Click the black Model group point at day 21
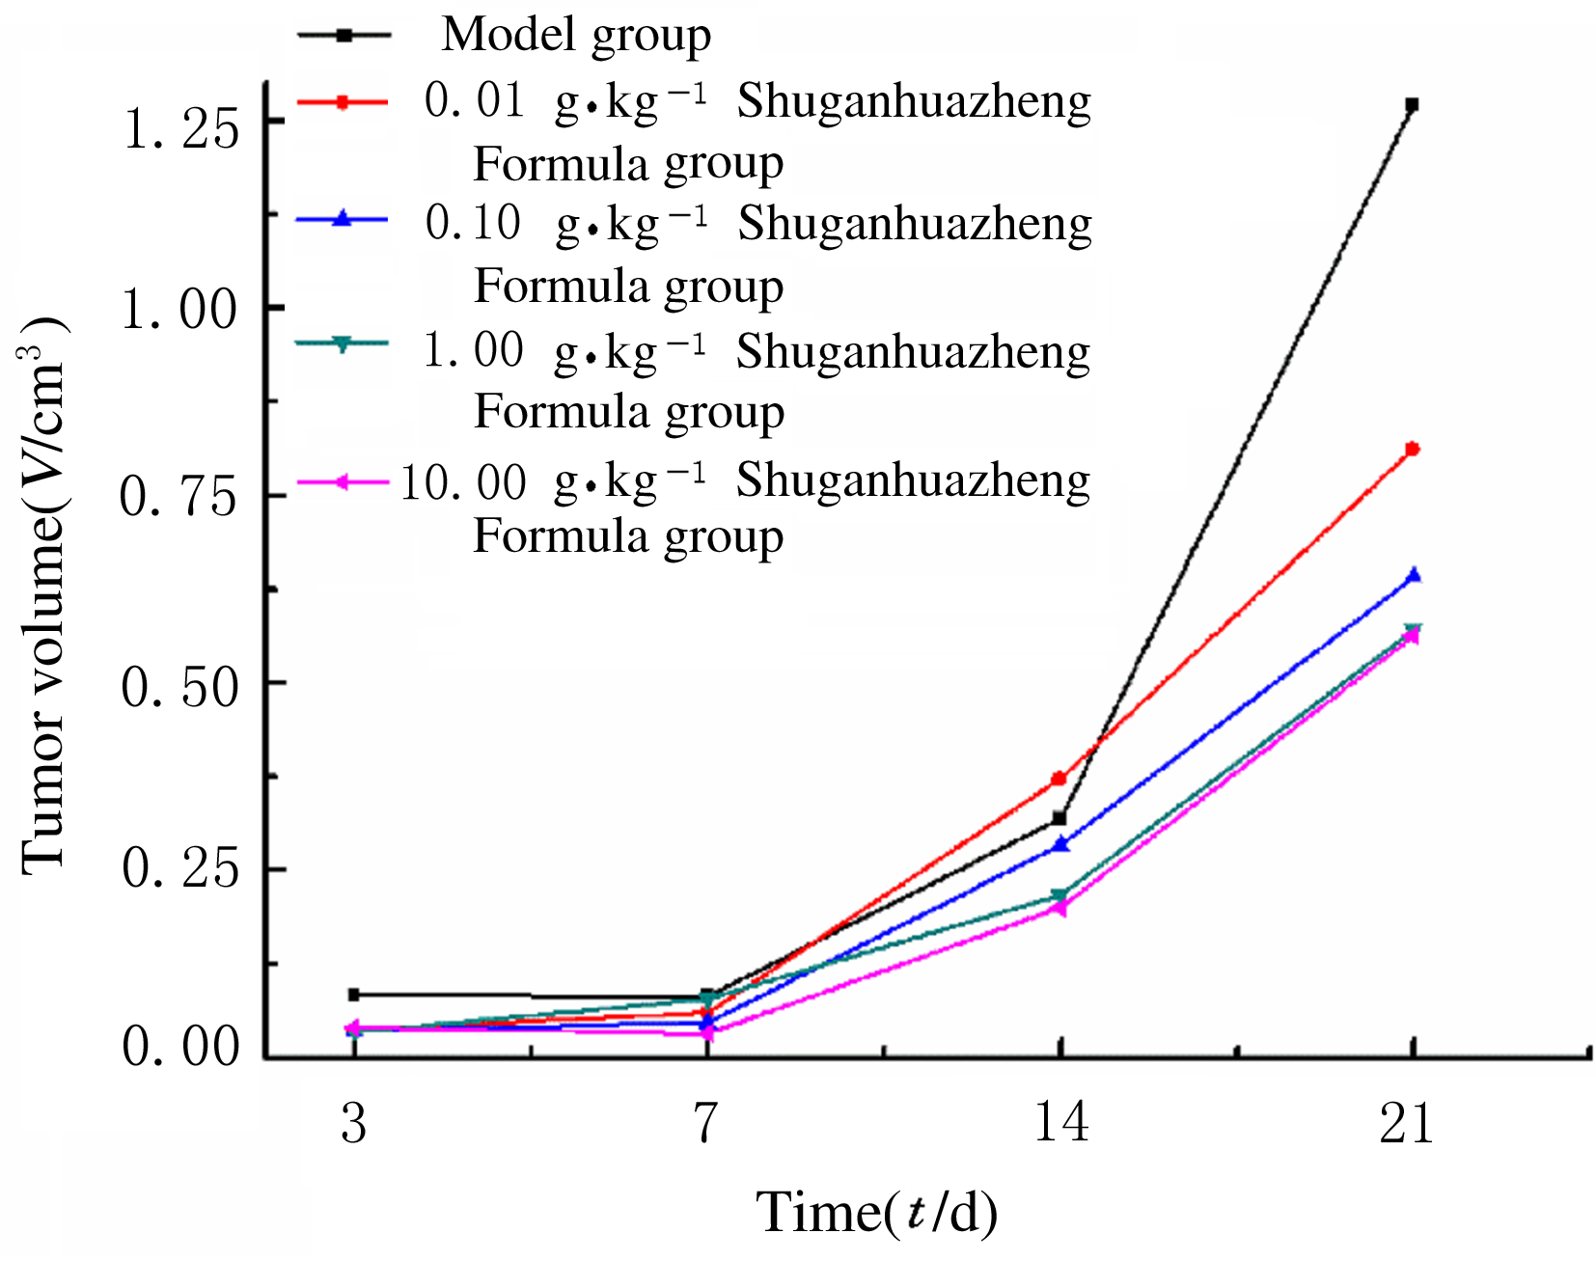[x=1412, y=104]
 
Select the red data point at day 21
[x=1412, y=449]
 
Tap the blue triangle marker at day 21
[x=1413, y=576]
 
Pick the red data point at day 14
[x=1059, y=778]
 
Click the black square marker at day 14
[x=1059, y=818]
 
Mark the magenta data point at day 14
[x=1059, y=908]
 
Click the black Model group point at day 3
[x=354, y=994]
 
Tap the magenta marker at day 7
[x=708, y=1033]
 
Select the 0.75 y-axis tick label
[x=179, y=499]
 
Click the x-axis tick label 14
[x=1060, y=1122]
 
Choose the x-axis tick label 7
[x=707, y=1122]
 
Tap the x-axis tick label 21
[x=1407, y=1122]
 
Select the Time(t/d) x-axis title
[x=875, y=1213]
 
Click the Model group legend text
[x=576, y=35]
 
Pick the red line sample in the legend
[x=343, y=100]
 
